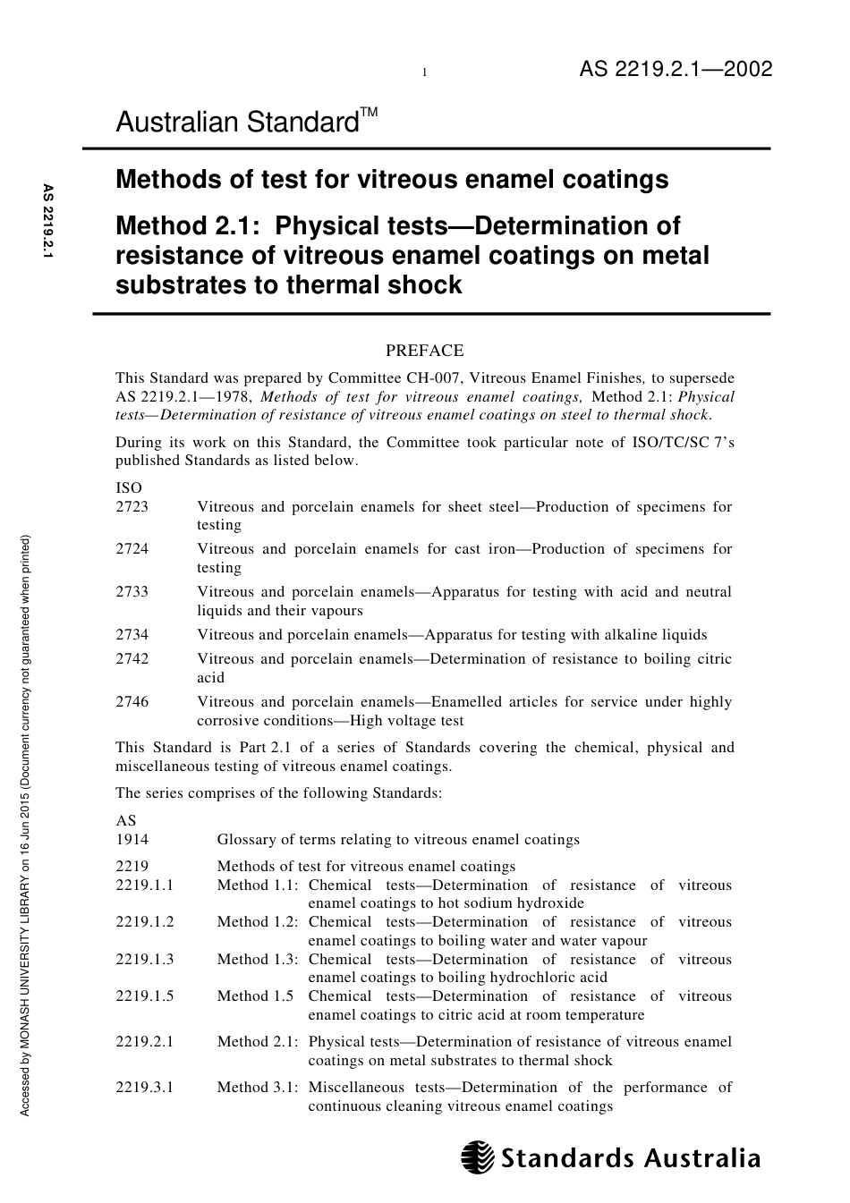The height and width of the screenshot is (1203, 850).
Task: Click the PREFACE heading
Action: coord(424,351)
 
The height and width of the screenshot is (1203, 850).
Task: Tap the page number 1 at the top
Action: coord(424,73)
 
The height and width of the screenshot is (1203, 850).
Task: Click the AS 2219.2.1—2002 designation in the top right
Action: coord(676,70)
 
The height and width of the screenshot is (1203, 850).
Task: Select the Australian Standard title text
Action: coord(237,123)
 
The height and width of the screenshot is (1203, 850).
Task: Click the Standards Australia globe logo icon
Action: coord(478,1157)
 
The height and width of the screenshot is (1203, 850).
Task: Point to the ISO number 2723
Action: coord(132,507)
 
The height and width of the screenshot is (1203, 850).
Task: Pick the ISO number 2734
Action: coord(132,635)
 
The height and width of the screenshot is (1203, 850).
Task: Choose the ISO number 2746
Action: coord(132,702)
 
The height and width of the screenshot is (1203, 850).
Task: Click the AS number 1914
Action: coord(132,840)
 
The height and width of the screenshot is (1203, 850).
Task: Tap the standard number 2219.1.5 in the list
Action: coord(145,996)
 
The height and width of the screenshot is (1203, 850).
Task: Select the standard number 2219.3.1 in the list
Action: coord(145,1088)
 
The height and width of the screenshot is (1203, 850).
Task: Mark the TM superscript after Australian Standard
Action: coord(369,113)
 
